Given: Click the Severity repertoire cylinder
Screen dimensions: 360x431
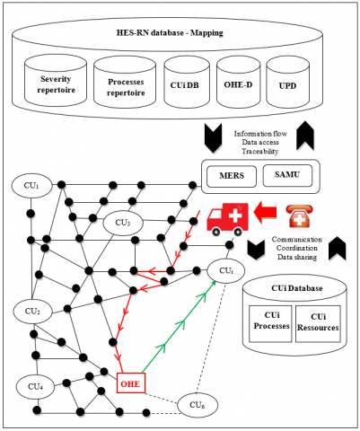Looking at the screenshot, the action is point(56,80).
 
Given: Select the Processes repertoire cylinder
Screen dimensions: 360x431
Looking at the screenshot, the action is point(125,82).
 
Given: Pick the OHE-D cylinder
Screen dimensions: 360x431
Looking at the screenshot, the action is point(238,82).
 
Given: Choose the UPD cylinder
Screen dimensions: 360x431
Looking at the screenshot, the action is point(287,82).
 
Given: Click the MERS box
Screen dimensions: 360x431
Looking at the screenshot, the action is point(232,177).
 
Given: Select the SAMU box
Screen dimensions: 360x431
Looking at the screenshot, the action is point(287,176).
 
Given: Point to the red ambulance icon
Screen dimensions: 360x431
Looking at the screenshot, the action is point(228,219).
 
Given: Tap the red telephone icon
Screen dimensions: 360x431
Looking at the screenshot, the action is point(299,216).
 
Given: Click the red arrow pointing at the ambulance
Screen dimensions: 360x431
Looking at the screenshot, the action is point(265,212).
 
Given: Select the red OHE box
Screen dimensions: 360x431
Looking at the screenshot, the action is point(131,383).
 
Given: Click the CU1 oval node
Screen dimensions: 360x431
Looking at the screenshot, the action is point(31,185).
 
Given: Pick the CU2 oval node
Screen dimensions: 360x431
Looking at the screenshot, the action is point(32,311).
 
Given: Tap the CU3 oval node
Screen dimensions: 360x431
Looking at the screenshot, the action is point(123,223).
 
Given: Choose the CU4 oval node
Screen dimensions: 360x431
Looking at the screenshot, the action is point(36,387).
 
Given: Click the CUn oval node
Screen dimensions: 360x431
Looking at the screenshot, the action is point(198,405).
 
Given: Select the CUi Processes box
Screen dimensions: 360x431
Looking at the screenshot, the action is point(270,324).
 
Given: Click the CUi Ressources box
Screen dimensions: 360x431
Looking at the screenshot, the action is point(318,324).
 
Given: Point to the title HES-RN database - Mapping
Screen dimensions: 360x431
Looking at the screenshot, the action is point(170,32).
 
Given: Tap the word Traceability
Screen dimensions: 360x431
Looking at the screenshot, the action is point(260,152).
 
